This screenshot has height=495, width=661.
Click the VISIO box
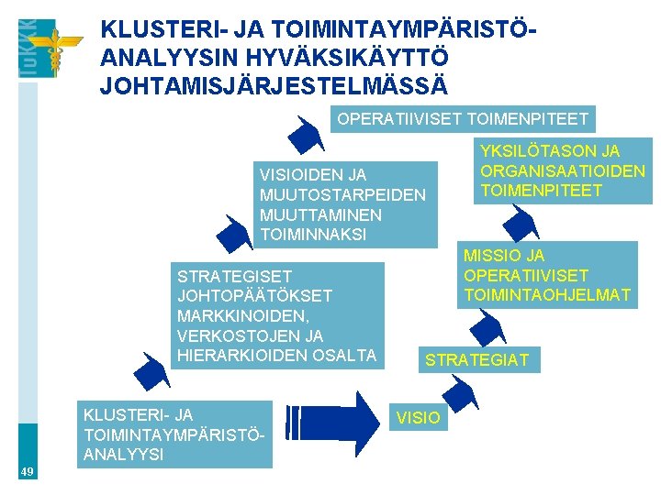(x=419, y=418)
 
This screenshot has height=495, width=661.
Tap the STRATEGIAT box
(x=476, y=359)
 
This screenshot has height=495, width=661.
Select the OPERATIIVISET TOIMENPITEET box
(x=463, y=119)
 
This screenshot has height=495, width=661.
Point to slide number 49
(x=28, y=471)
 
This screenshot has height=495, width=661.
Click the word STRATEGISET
(x=234, y=276)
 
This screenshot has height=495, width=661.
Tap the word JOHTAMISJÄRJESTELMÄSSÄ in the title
(x=274, y=87)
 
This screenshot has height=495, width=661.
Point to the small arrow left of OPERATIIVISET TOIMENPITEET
(x=305, y=134)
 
